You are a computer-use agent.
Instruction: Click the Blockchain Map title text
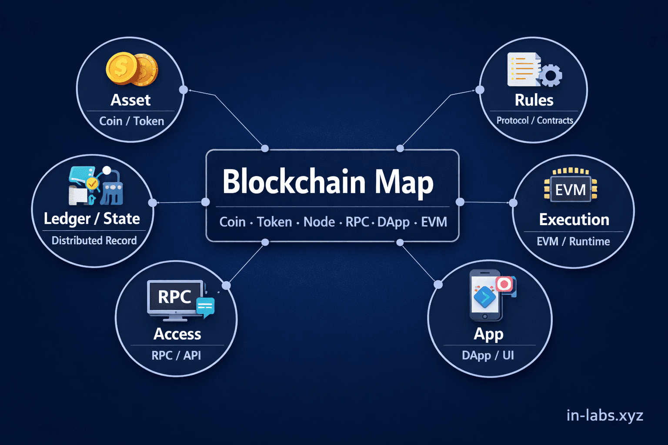tap(328, 182)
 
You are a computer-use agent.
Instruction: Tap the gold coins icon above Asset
tap(132, 69)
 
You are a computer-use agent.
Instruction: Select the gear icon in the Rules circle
tap(551, 76)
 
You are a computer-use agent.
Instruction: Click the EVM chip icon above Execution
tap(571, 189)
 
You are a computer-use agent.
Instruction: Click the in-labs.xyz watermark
tap(605, 415)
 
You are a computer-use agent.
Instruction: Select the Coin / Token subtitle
tap(131, 121)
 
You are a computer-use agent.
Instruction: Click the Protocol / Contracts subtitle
tap(534, 120)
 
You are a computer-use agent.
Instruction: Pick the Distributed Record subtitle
tap(94, 240)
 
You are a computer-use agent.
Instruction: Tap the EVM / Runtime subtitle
tap(573, 241)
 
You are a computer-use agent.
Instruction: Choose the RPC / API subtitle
tap(176, 355)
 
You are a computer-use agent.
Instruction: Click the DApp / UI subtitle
tap(488, 355)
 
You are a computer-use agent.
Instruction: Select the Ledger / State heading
tap(92, 219)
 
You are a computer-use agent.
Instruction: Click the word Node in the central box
tap(319, 222)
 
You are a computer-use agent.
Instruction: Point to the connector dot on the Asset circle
tap(184, 90)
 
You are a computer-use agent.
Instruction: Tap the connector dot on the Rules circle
tap(480, 90)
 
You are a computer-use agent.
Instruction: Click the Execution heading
tap(574, 219)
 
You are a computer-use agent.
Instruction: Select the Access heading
tap(177, 334)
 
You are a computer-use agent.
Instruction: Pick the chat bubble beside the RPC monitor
tap(205, 306)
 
